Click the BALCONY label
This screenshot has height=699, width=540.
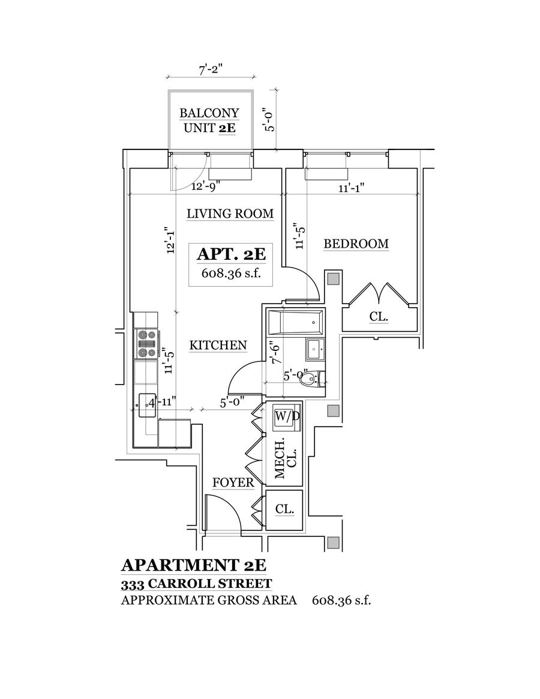pos(209,113)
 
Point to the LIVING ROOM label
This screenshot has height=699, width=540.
pos(230,213)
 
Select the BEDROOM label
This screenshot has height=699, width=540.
pos(356,244)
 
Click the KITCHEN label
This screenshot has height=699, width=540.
pos(218,345)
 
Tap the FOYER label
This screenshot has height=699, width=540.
pos(233,482)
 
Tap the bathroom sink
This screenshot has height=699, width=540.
pos(314,348)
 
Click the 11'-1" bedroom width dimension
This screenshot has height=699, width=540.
pos(350,187)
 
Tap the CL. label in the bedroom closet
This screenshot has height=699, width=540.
pos(379,316)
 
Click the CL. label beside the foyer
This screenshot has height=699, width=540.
pos(284,509)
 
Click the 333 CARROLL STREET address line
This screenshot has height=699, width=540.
pos(196,583)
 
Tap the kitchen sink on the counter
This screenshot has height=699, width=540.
pos(146,405)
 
